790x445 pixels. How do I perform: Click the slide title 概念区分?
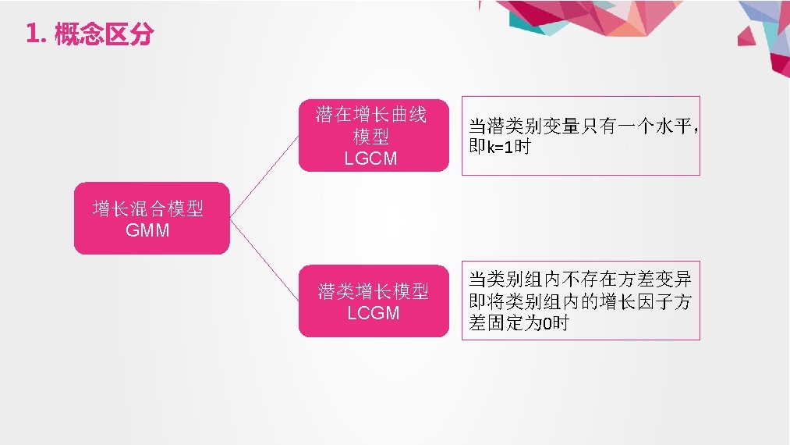tap(104, 35)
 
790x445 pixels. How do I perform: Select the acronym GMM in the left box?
tap(147, 231)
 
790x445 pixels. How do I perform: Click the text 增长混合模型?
tap(148, 209)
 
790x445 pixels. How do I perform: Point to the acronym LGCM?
tap(371, 158)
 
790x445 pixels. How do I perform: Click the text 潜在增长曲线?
tap(371, 116)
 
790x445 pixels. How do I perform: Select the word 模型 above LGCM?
tap(371, 137)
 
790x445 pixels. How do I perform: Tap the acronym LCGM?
tap(374, 313)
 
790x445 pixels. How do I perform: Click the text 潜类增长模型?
tap(374, 292)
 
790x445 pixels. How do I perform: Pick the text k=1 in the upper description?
tap(501, 147)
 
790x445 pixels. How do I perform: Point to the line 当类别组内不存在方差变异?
tap(580, 279)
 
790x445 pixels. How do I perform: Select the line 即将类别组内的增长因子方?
tap(580, 301)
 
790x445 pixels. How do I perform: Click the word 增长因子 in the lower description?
tap(636, 301)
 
